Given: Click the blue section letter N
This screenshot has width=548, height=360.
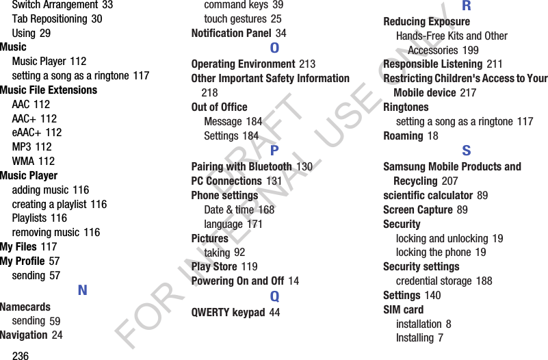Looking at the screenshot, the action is tap(83, 290).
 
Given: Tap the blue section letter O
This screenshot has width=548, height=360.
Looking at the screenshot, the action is tap(274, 48).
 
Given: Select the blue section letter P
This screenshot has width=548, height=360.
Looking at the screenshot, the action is tap(274, 151).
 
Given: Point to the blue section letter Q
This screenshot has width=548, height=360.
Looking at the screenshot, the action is tap(274, 296).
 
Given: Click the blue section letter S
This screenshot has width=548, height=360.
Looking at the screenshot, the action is tap(466, 151).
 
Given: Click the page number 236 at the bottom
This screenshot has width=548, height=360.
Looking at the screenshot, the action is tap(21, 355).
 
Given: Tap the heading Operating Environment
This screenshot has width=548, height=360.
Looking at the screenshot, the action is tap(243, 64).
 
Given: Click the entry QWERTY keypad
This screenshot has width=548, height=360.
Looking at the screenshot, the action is tap(228, 313).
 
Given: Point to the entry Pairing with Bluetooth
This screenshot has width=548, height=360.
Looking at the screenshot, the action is tap(242, 166).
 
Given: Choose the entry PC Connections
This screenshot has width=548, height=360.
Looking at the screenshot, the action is tap(226, 181).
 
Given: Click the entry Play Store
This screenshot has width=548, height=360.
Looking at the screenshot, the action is tap(214, 266).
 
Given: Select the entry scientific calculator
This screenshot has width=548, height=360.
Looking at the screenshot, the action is tap(428, 196).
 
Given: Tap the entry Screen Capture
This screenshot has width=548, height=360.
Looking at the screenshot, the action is tap(417, 209).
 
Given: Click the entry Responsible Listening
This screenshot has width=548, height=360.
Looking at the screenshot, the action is tap(432, 64).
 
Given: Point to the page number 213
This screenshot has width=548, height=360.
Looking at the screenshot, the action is tap(306, 64).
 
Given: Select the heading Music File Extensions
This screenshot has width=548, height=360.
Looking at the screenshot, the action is tap(49, 90).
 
